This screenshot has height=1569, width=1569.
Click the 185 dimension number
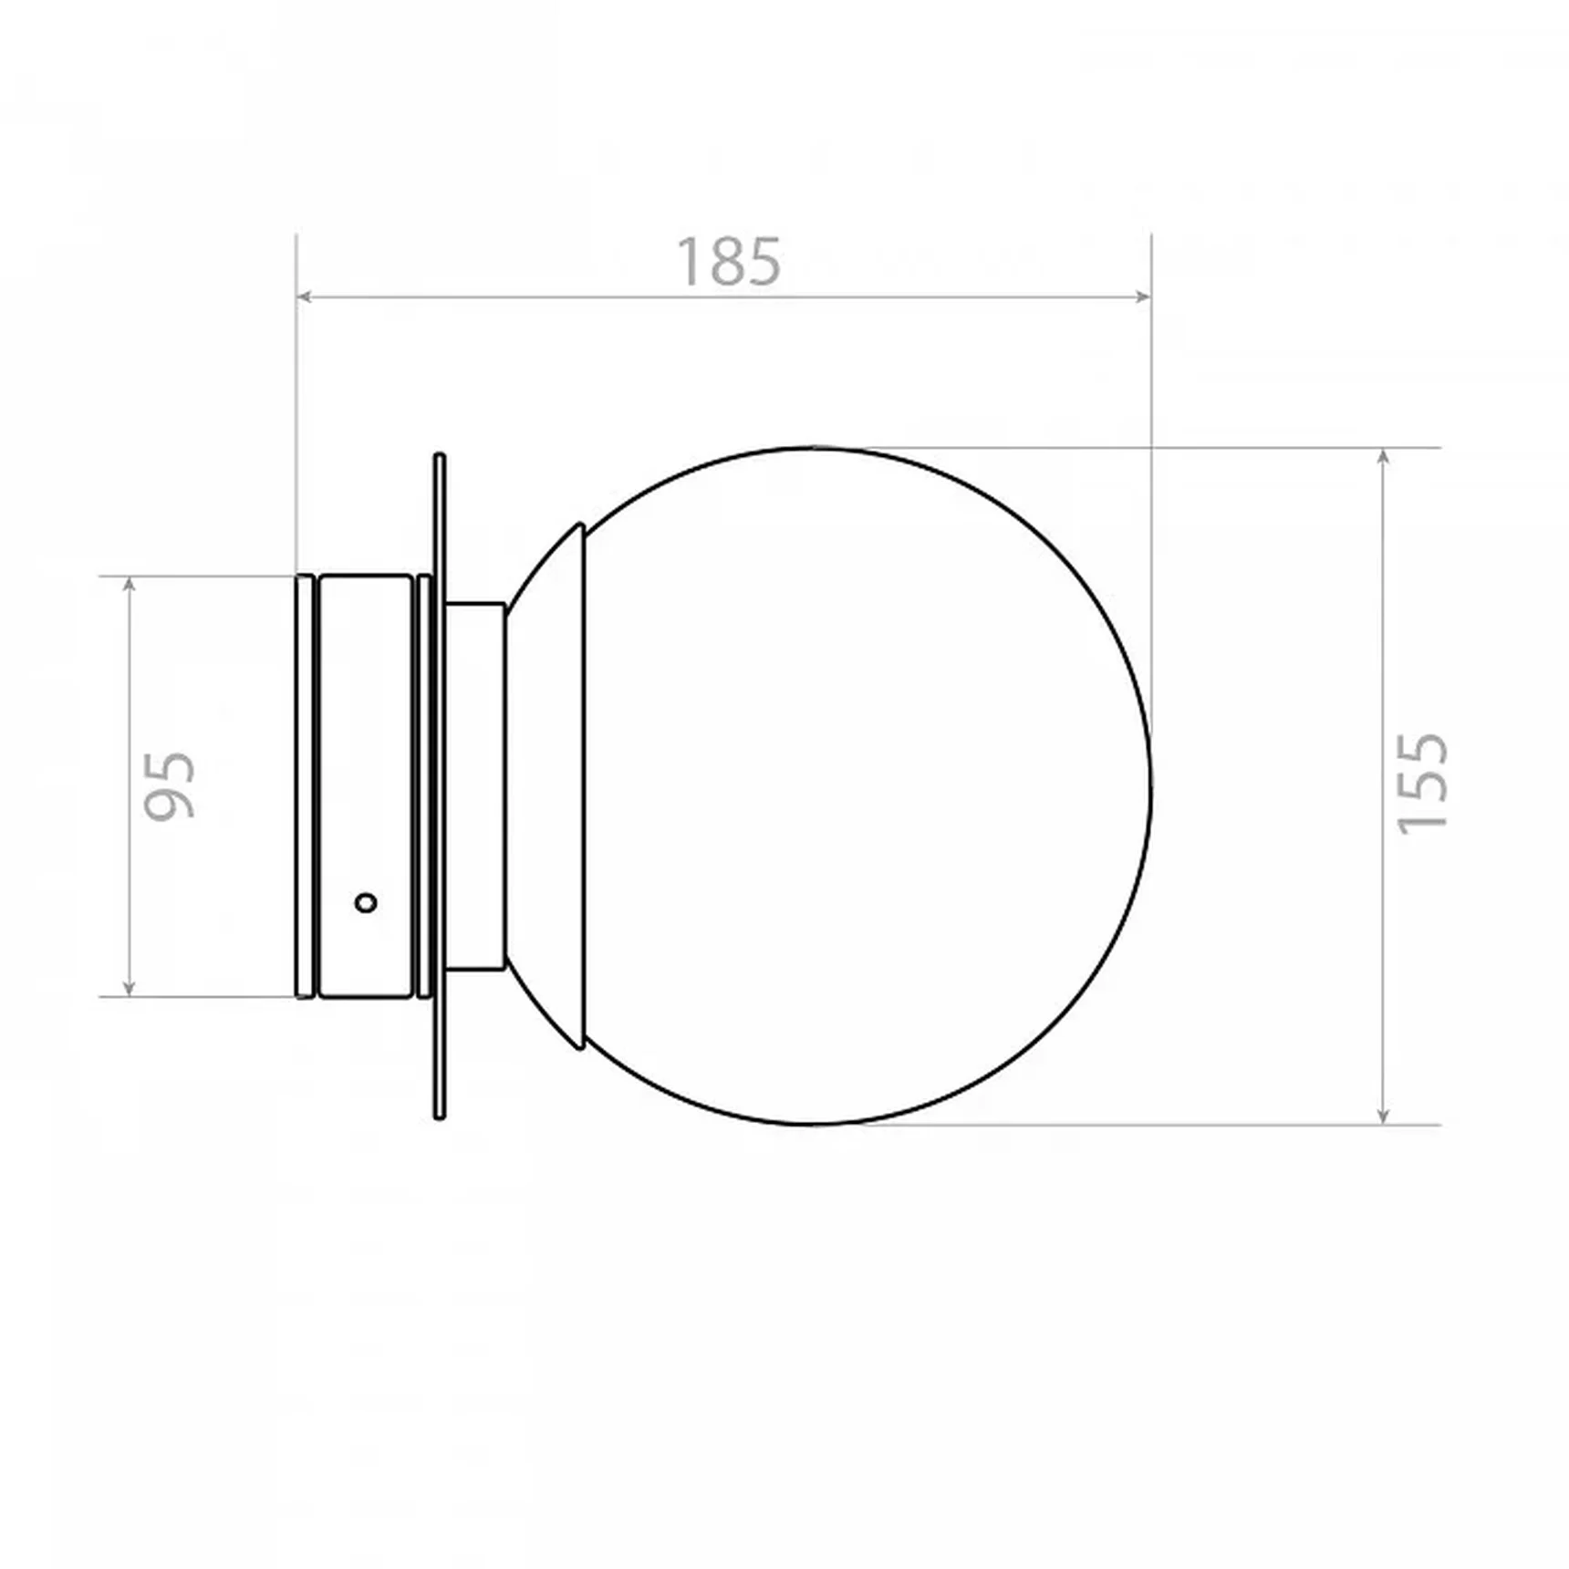[x=728, y=263]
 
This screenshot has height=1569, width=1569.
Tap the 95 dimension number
[x=171, y=785]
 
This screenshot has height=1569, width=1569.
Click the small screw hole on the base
[x=366, y=903]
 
